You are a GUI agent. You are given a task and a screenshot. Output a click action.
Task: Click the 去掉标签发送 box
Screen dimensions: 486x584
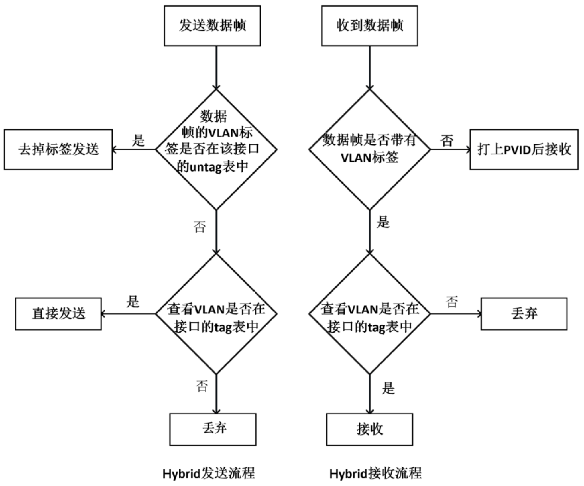[59, 150]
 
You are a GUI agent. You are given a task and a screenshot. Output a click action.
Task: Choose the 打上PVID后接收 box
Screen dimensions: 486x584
[524, 150]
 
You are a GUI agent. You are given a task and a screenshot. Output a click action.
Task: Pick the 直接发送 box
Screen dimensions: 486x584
[59, 312]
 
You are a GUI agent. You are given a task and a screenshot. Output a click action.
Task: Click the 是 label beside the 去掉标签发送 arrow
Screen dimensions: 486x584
[138, 141]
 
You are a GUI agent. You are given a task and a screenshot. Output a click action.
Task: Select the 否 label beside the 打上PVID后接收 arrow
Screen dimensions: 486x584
[447, 140]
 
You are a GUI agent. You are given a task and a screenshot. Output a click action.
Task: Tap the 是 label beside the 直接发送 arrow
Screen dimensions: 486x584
[133, 301]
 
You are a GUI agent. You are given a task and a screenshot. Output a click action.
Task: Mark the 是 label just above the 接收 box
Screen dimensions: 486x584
[387, 389]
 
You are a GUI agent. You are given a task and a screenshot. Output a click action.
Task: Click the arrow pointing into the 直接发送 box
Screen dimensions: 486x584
[127, 312]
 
